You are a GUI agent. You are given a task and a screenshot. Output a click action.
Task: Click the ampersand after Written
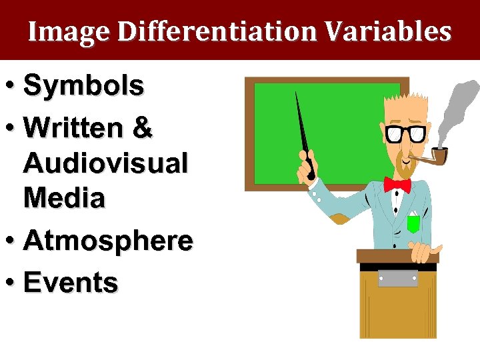[143, 128]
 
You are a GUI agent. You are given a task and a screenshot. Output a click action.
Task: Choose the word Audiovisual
[105, 163]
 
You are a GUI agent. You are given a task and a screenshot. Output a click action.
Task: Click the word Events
[71, 283]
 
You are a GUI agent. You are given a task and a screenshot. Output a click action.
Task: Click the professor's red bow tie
[397, 184]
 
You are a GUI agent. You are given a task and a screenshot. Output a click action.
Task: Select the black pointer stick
[303, 133]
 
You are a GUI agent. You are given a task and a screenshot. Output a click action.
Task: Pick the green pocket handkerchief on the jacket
[413, 223]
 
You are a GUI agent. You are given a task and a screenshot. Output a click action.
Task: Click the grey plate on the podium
[398, 278]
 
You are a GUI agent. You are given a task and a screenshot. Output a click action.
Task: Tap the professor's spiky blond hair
[404, 107]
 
